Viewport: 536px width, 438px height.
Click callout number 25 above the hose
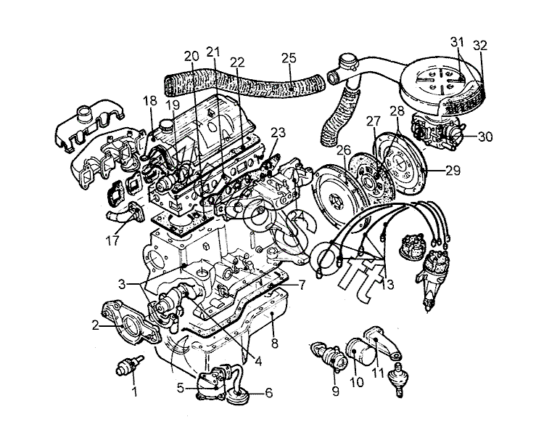point(289,58)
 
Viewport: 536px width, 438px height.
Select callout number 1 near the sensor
point(135,391)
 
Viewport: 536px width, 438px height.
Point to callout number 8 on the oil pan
point(275,343)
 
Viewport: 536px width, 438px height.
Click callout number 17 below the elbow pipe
point(112,240)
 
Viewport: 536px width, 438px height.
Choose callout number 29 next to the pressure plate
point(453,170)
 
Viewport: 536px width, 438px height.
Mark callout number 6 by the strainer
point(269,393)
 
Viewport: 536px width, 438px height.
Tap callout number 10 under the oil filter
point(357,382)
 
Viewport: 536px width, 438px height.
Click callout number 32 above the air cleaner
point(480,46)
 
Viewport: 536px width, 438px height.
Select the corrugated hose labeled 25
point(244,84)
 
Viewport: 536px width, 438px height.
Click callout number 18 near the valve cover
point(149,101)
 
